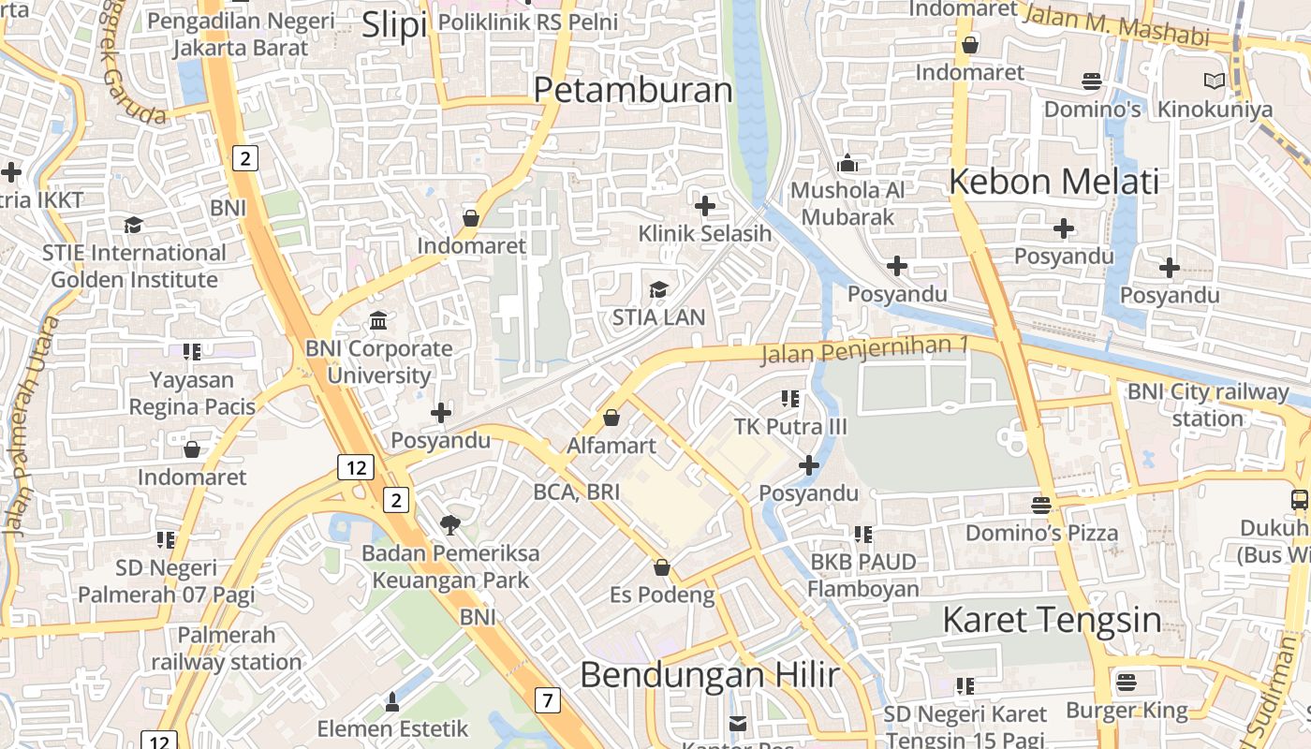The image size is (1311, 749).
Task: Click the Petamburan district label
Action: coord(633,90)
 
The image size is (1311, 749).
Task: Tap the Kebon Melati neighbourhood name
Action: coord(1053,181)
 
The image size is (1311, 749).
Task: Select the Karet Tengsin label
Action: coord(1051,620)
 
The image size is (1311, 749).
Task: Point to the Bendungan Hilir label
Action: coord(709,674)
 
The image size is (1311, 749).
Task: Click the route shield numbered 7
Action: coord(548,699)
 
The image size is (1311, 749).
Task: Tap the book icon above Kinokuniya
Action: coord(1215,81)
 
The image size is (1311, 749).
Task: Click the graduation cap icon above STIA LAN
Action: coord(659,289)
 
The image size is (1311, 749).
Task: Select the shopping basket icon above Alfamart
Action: coord(611,418)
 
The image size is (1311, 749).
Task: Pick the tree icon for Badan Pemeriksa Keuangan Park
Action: coord(450,525)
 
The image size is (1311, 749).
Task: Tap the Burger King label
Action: coord(1127,710)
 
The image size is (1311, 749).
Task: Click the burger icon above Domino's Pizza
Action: coord(1041,506)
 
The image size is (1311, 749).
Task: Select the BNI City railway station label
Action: coord(1207,404)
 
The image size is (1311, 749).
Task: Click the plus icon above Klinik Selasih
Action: coord(705,206)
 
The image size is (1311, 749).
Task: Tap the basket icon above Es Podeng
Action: coord(662,567)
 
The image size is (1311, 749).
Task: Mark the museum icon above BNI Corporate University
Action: coord(379,321)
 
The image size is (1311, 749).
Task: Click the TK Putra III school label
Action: coord(790,427)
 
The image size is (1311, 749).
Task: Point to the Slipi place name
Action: coord(394,25)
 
